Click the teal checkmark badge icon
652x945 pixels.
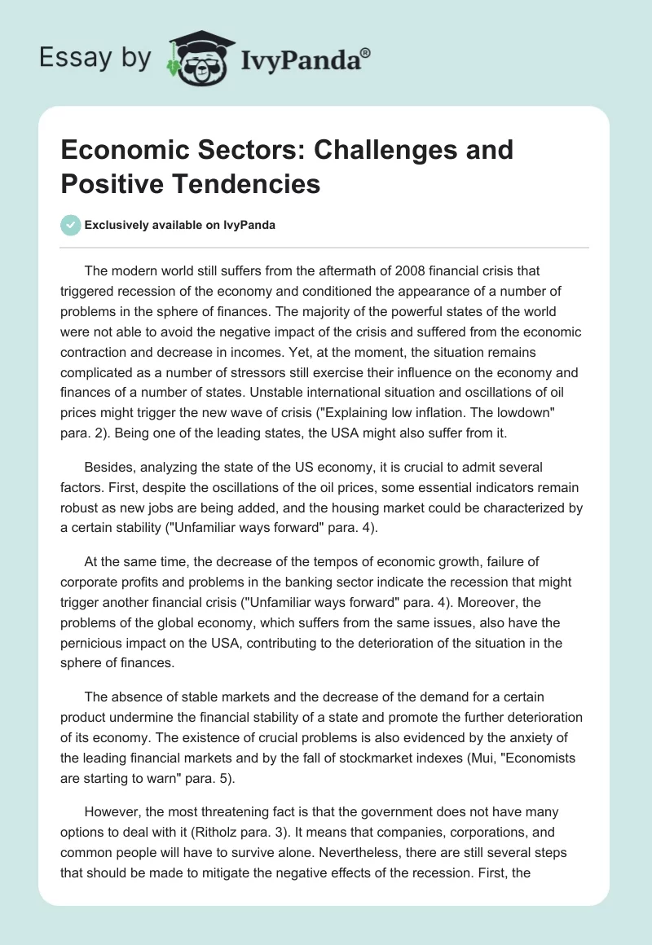click(71, 225)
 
